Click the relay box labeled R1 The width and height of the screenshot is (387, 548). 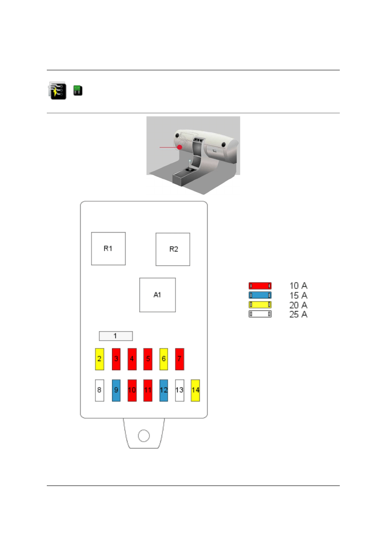coord(108,249)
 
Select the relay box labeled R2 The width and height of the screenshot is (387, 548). coord(173,249)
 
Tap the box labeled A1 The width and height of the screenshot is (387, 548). coord(157,295)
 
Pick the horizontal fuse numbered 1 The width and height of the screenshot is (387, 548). coord(116,336)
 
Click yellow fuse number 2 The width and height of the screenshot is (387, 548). coord(99,359)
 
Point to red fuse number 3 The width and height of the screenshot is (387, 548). coord(116,359)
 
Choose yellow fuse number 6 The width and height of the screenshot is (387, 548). coord(164,359)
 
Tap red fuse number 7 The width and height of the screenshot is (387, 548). coord(179,359)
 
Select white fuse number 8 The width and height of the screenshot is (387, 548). coord(99,390)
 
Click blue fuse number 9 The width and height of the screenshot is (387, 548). coord(116,390)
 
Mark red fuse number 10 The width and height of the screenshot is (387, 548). coord(132,390)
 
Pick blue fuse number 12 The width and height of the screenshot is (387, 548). coord(164,390)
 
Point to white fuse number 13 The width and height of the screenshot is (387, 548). coord(179,390)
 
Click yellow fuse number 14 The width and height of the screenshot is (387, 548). coord(195,390)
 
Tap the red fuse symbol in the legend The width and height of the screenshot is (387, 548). coord(260,286)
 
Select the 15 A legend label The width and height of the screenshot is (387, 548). coord(298,295)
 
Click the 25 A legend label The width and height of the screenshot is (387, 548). coord(298,315)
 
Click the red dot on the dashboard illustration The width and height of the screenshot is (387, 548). coord(179,147)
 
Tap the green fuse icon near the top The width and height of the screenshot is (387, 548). coord(78,91)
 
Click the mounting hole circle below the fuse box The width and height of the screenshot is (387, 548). coord(143,436)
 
